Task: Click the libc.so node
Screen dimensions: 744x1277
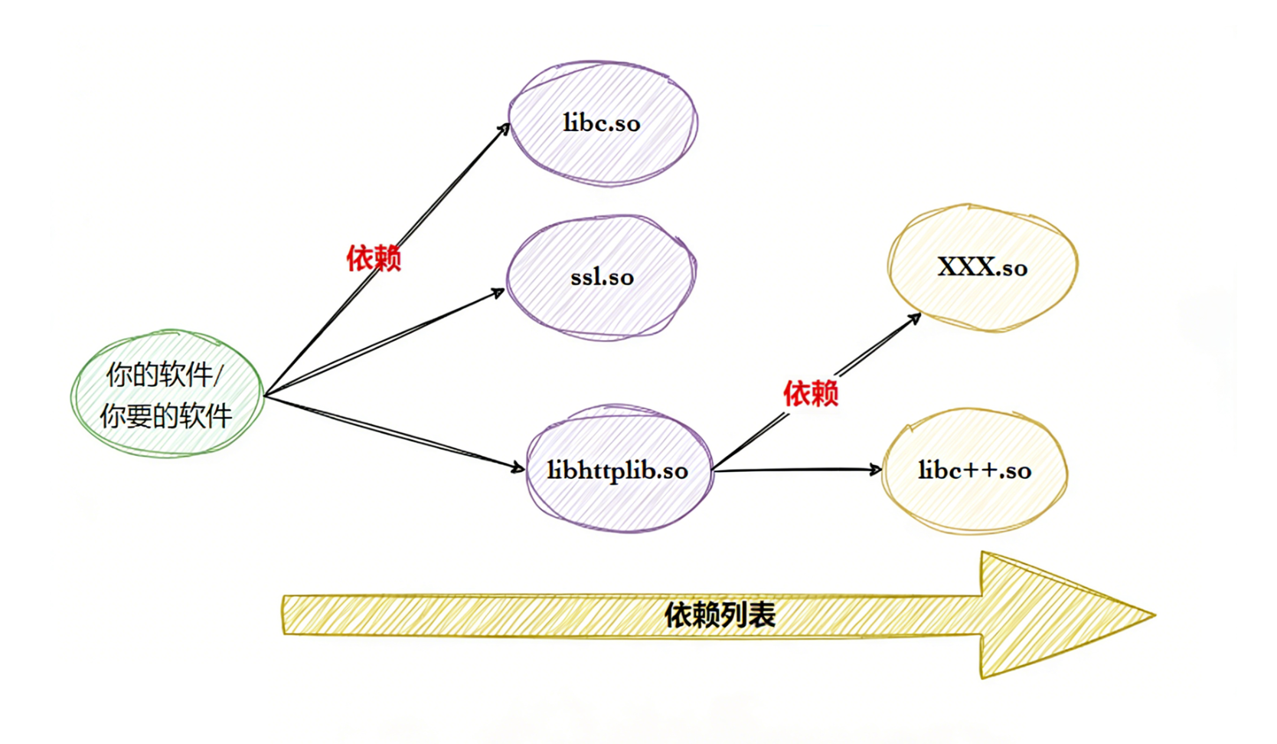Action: (x=603, y=123)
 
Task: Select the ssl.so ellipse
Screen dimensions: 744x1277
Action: (x=602, y=277)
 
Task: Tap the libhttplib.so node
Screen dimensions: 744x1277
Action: (x=619, y=470)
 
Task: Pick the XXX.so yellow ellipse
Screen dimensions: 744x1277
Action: (x=983, y=267)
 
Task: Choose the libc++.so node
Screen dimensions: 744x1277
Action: (x=975, y=470)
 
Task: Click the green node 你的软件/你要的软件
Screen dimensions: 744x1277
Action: (x=167, y=395)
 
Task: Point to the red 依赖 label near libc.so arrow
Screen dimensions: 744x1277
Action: (x=374, y=258)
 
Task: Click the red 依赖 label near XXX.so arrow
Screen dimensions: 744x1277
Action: (x=811, y=393)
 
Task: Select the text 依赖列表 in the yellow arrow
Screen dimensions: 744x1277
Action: (x=720, y=615)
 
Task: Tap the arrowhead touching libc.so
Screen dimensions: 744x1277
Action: (x=505, y=129)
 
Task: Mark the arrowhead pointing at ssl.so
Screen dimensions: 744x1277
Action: (x=498, y=293)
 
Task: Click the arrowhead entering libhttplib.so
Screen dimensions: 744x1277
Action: (x=518, y=466)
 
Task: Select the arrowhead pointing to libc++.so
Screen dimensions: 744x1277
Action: (x=875, y=469)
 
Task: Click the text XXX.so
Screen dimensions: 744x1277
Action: (x=983, y=267)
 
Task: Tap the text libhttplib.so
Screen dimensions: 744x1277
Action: (x=618, y=470)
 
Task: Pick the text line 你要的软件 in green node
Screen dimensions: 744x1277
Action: (x=166, y=416)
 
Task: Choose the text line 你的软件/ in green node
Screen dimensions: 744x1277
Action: (x=165, y=375)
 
